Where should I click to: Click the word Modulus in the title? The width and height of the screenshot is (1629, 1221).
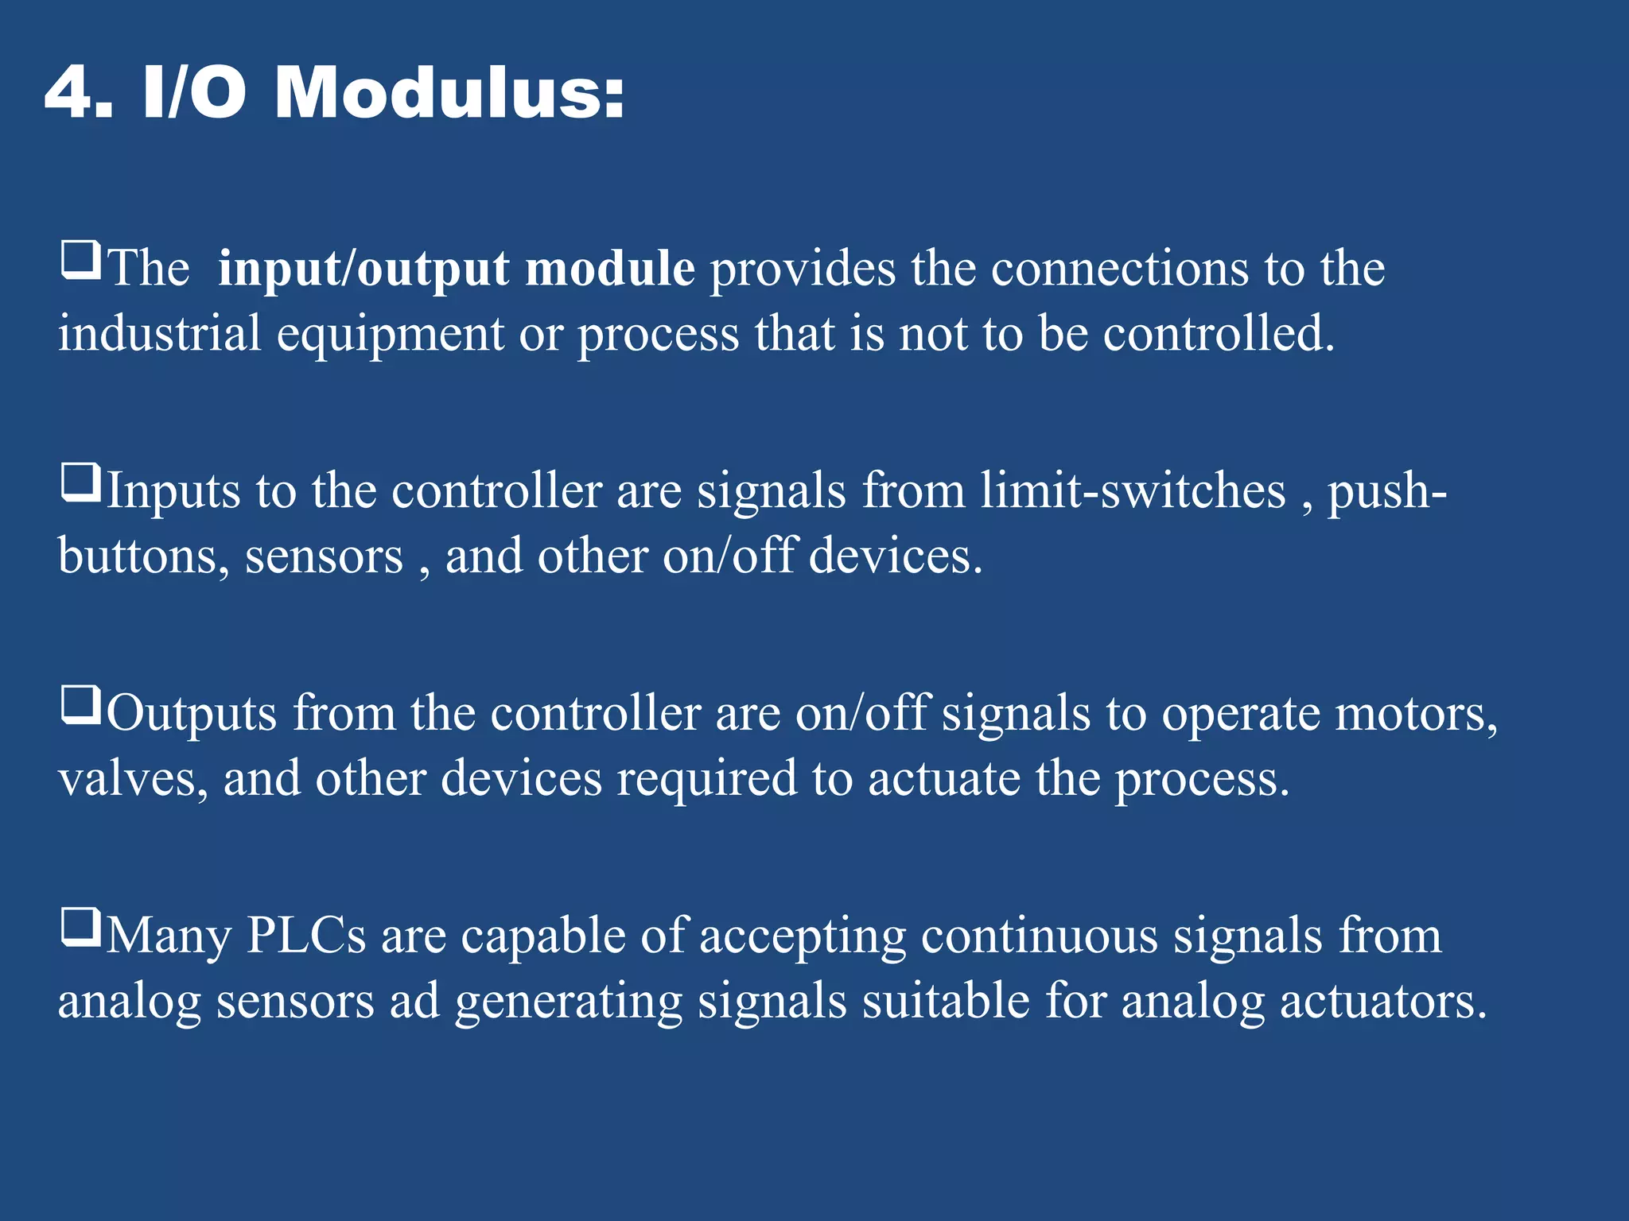[449, 94]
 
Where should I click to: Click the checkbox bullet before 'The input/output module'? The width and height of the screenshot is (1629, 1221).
[80, 261]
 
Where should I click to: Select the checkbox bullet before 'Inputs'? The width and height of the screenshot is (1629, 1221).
[80, 483]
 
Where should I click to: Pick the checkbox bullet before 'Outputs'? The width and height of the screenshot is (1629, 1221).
[80, 706]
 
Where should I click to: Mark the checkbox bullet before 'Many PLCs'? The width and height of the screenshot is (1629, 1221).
[80, 928]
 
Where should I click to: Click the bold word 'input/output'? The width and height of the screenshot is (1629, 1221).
[364, 269]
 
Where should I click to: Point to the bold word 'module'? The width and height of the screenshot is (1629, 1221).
[610, 269]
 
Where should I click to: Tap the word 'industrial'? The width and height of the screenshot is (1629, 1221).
[159, 333]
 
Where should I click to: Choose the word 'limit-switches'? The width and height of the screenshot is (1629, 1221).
[1133, 490]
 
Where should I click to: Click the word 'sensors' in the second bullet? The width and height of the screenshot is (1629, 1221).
[324, 556]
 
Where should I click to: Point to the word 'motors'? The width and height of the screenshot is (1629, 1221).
[1416, 714]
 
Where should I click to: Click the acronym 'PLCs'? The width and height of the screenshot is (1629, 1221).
[306, 936]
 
